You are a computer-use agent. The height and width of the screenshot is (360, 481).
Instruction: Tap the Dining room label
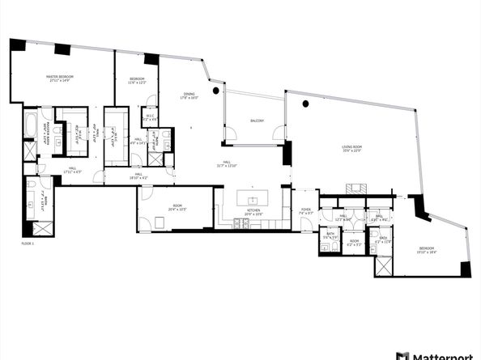[189, 96]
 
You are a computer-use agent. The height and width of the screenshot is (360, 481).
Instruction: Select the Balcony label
[257, 121]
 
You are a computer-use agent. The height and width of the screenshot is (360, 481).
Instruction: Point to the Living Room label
[351, 148]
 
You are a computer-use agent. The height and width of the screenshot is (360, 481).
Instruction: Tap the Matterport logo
[437, 355]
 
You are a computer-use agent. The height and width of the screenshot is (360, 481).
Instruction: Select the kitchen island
[253, 199]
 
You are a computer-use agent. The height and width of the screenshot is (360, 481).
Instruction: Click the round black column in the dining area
[216, 91]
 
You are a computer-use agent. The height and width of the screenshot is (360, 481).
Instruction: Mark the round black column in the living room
[305, 104]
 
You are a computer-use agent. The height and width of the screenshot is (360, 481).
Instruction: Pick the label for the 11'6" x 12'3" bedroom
[135, 82]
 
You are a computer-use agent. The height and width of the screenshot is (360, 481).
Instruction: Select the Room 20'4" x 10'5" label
[177, 209]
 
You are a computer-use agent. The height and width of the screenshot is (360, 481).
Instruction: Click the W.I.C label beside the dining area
[150, 118]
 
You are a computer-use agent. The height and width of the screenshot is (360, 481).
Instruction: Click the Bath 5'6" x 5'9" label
[330, 235]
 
